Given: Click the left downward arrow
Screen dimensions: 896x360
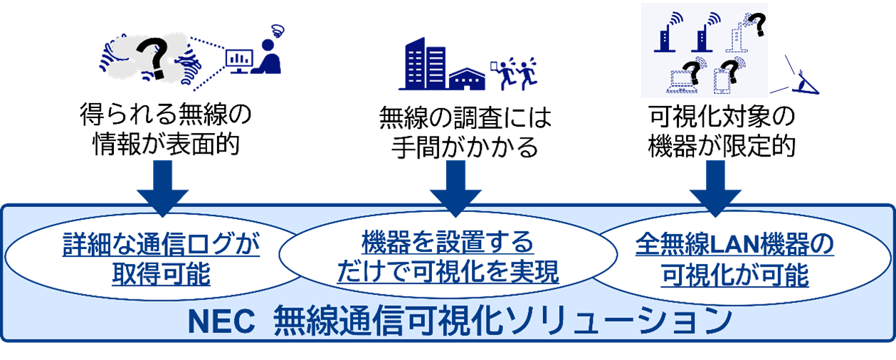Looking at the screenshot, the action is click(162, 187).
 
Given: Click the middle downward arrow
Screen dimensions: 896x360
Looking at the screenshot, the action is click(456, 187).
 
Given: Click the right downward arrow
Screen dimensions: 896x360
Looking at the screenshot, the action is click(715, 187).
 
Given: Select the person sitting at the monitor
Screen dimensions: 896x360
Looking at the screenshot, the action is click(269, 57).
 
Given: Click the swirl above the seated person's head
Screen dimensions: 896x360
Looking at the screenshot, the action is click(276, 30).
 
